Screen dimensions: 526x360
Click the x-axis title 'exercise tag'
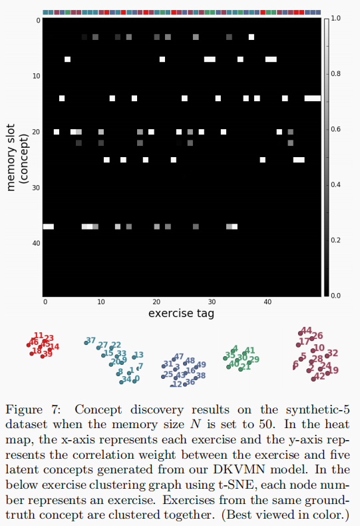[x=183, y=312]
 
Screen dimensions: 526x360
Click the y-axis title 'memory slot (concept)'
[x=16, y=154]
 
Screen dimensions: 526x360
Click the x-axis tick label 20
[x=155, y=302]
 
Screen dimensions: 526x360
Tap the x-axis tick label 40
[x=267, y=302]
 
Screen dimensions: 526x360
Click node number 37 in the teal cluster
[x=90, y=341]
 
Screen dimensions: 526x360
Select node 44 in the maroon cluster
[x=306, y=330]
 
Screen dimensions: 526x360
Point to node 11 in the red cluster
[x=39, y=336]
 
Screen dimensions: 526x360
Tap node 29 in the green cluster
[x=254, y=360]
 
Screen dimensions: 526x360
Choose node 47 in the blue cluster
[x=178, y=357]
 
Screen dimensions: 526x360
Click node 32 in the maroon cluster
[x=333, y=353]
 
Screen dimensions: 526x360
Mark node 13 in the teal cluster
[x=138, y=355]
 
